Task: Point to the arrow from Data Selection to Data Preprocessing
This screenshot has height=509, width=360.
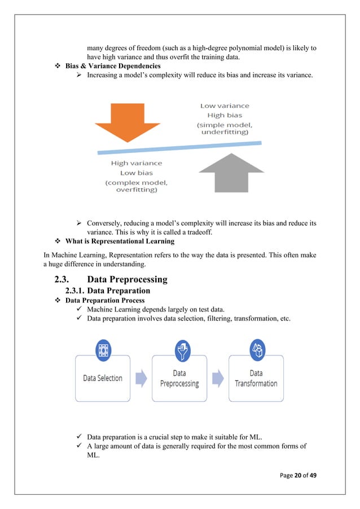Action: pyautogui.click(x=141, y=378)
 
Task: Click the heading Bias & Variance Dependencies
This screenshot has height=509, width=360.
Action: pyautogui.click(x=113, y=66)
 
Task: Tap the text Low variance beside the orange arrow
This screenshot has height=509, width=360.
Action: pyautogui.click(x=225, y=106)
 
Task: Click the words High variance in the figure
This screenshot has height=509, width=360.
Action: pyautogui.click(x=136, y=163)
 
